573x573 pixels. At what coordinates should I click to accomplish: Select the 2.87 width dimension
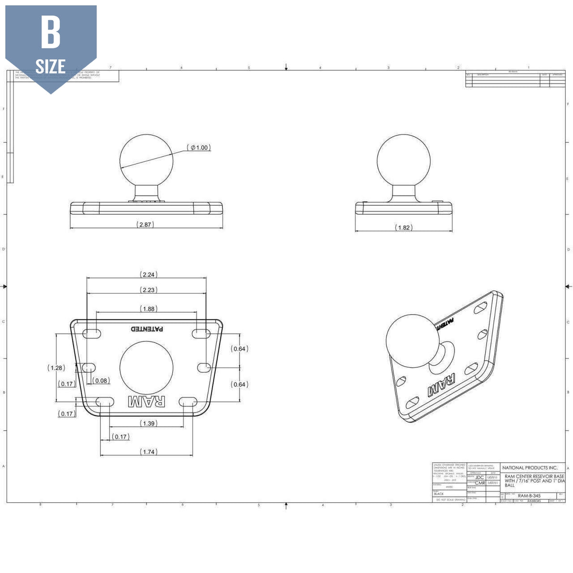[x=145, y=224]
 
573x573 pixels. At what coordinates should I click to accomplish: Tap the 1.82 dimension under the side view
[x=404, y=228]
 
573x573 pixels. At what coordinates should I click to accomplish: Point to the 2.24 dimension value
[x=149, y=275]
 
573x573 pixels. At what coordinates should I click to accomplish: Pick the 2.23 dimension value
[x=149, y=290]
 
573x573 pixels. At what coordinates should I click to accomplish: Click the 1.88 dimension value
[x=149, y=309]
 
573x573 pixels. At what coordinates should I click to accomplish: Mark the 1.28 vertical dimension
[x=56, y=368]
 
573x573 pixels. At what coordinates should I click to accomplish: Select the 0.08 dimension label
[x=101, y=381]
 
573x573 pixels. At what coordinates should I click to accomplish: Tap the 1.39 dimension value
[x=149, y=424]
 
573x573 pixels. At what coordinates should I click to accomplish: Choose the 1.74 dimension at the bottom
[x=149, y=452]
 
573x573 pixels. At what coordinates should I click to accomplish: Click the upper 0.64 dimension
[x=239, y=349]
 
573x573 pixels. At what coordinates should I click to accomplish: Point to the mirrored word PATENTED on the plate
[x=148, y=329]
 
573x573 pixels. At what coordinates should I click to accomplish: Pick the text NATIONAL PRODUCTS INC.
[x=530, y=467]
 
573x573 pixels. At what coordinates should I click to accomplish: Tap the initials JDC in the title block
[x=479, y=477]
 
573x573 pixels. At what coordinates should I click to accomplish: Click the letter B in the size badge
[x=51, y=32]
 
